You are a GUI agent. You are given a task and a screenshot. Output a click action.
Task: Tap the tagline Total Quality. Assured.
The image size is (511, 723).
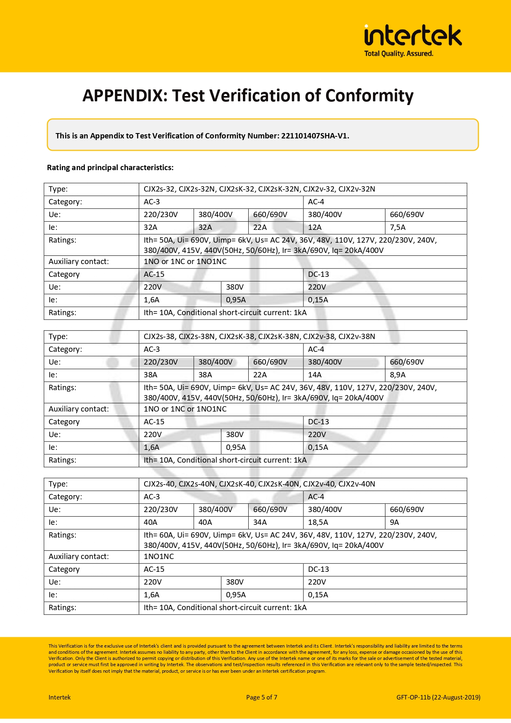[x=399, y=54]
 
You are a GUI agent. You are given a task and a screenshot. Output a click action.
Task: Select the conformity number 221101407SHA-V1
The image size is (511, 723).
[x=315, y=136]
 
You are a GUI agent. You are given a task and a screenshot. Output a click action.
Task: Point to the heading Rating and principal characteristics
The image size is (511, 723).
[x=110, y=168]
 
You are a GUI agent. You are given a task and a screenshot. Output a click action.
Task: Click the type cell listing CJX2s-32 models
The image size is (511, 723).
[x=259, y=189]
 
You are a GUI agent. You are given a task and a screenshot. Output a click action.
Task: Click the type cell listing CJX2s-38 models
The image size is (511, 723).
[x=259, y=337]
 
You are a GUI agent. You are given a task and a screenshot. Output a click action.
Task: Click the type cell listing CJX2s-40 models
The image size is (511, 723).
[x=259, y=484]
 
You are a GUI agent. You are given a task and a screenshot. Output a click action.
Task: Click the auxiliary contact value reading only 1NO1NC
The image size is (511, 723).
[x=159, y=557]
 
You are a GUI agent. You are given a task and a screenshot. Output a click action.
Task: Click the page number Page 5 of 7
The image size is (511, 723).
[x=262, y=697]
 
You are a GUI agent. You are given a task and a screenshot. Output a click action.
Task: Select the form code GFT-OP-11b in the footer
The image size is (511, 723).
[x=438, y=697]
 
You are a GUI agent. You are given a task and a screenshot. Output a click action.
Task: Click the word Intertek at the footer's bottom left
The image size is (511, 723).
[x=60, y=697]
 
